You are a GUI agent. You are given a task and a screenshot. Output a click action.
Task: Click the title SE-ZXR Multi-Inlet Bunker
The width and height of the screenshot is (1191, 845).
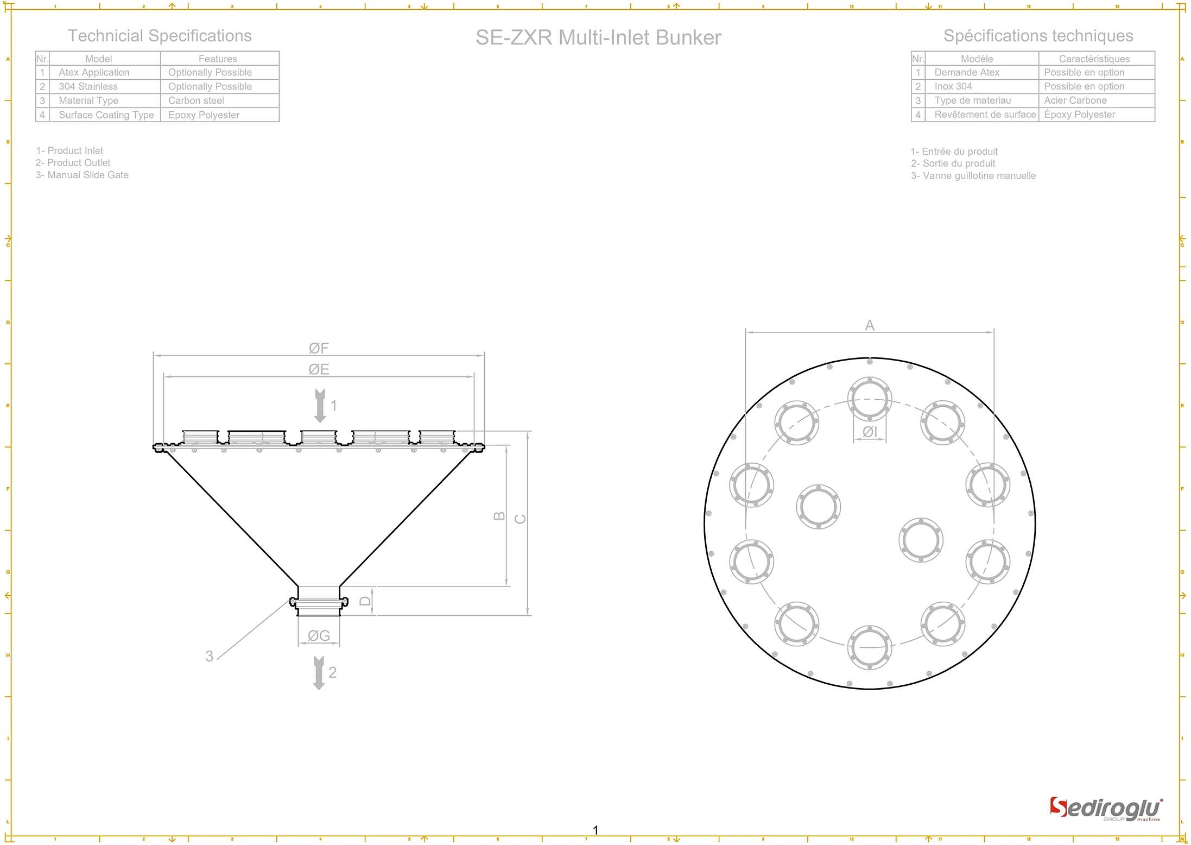pos(598,37)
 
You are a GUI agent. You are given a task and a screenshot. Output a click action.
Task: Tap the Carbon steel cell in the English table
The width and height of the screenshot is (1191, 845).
pos(196,100)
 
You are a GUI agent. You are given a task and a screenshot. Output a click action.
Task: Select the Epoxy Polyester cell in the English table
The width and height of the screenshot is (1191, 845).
pos(204,115)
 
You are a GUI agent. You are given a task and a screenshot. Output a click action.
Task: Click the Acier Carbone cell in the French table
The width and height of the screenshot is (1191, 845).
pos(1075,100)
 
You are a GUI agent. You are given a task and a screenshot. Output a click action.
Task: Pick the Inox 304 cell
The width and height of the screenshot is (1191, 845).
pos(953,86)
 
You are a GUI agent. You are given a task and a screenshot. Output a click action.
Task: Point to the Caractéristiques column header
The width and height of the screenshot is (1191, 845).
pos(1094,59)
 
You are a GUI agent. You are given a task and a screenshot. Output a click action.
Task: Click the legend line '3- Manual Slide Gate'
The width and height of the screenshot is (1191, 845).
pos(82,175)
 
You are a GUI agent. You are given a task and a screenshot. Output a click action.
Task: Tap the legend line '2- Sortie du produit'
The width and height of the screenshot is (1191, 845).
pos(953,163)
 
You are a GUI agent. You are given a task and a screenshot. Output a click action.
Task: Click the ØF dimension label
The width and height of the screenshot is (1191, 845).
pos(319,348)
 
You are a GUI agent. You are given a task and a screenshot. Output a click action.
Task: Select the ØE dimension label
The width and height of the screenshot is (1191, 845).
pos(319,369)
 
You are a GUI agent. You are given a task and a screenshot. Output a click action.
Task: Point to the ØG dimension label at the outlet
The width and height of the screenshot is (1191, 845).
pos(319,635)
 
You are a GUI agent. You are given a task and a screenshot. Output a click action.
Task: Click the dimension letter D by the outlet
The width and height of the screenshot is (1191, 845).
pos(365,601)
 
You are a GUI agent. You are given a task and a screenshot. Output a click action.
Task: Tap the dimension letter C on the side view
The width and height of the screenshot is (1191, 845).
pos(520,519)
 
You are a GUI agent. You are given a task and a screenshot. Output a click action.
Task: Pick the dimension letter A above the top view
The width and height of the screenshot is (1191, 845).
pos(869,325)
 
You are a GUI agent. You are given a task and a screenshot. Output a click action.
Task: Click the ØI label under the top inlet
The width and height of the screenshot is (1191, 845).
pos(870,432)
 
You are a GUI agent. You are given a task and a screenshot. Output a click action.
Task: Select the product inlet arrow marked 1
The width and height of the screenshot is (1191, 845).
pos(320,406)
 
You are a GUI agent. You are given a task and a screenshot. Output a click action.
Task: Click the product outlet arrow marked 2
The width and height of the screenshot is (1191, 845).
pos(319,673)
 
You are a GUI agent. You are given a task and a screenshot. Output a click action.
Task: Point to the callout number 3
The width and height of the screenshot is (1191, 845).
pos(209,656)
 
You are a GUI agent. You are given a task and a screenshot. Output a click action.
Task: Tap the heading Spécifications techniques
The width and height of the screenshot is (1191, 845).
pos(1038,36)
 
